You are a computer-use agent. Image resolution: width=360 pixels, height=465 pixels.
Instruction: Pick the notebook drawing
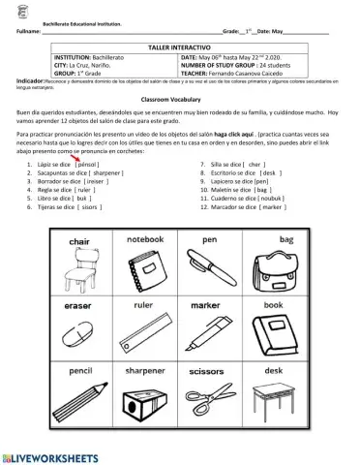pos(146,270)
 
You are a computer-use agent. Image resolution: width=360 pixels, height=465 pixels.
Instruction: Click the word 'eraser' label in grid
pos(78,305)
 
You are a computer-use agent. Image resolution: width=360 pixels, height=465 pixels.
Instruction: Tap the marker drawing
pos(209,334)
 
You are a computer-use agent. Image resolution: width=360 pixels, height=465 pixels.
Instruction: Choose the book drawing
pos(273,336)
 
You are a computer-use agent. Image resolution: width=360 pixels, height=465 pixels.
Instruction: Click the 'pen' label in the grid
pos(209,239)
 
